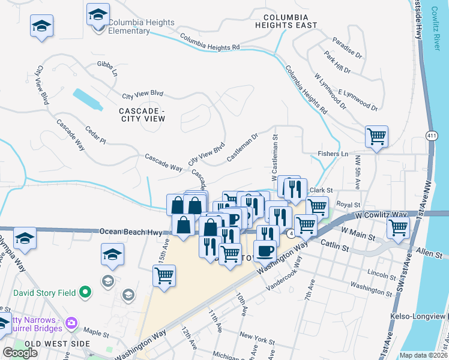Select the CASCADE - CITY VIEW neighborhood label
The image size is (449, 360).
(x=142, y=115)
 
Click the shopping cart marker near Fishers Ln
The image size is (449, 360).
(x=376, y=136)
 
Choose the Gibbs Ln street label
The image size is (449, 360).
(x=107, y=67)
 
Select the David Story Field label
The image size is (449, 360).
(x=45, y=293)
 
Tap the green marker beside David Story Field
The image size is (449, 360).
(x=85, y=293)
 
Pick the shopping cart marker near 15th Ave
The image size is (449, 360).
(x=164, y=276)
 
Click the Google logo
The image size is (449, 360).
(x=20, y=353)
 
